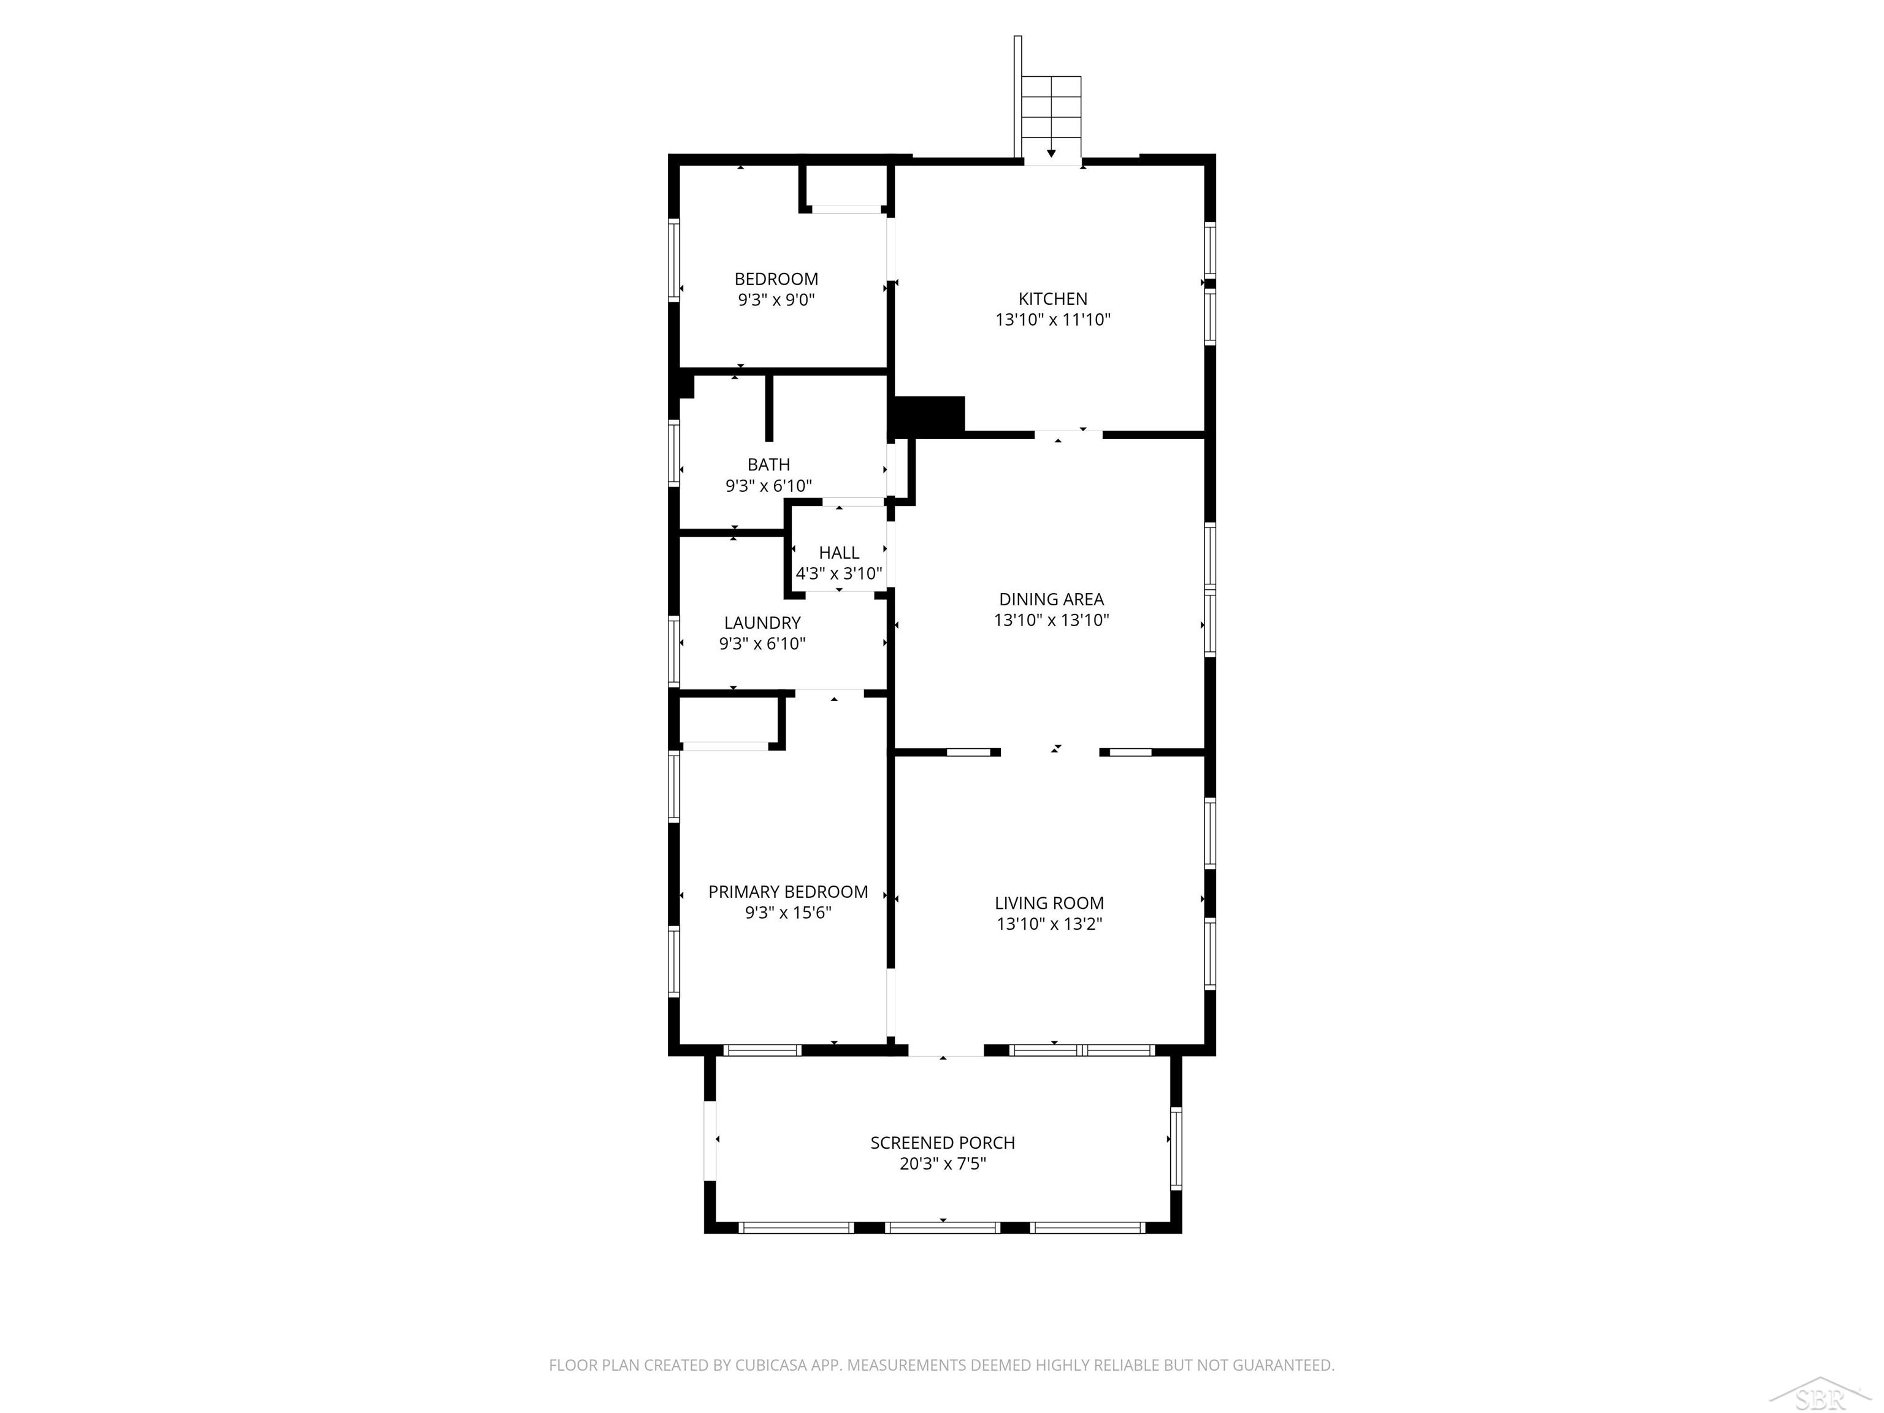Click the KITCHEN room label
click(x=1053, y=299)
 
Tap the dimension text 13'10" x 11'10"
click(x=1053, y=320)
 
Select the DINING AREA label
click(x=1051, y=600)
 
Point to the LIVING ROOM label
click(x=1049, y=903)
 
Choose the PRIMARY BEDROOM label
click(x=788, y=892)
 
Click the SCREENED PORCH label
click(x=943, y=1143)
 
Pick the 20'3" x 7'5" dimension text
click(x=943, y=1164)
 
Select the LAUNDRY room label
click(x=762, y=622)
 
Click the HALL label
click(x=839, y=553)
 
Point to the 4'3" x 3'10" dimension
click(x=839, y=574)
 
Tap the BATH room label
click(x=768, y=465)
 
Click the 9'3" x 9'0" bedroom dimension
click(x=776, y=300)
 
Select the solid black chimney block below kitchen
click(x=929, y=416)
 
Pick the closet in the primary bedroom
click(x=729, y=721)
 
